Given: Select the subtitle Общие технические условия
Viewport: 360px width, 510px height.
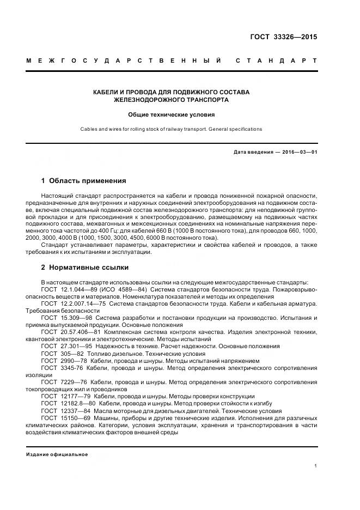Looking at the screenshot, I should click(x=172, y=115).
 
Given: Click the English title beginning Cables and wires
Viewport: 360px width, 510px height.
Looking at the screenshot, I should click(x=172, y=129).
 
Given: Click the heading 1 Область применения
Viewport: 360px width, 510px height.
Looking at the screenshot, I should click(x=84, y=180).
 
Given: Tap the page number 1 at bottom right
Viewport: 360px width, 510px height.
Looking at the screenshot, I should click(x=315, y=465).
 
